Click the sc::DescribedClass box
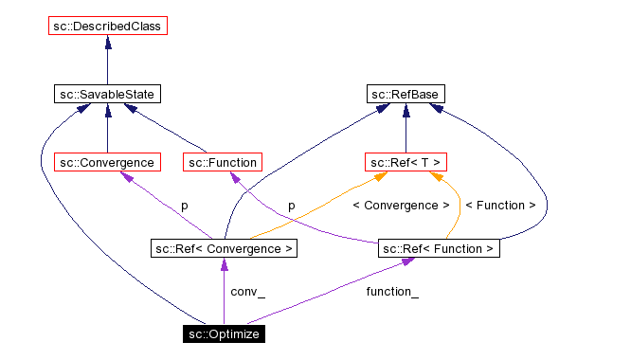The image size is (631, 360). pos(107,26)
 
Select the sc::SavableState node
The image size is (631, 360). pos(107,94)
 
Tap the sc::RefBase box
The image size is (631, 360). pos(406,94)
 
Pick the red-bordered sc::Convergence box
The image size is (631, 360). pos(106,162)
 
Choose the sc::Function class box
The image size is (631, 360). pos(220,162)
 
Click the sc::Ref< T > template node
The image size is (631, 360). pos(406,162)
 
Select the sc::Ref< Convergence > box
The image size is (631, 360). pos(224,248)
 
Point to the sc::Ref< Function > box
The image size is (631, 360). pos(439,248)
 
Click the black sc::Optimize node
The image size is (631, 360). pos(223,333)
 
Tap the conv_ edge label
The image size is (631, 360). pos(247,292)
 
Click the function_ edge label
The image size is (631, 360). pos(392,292)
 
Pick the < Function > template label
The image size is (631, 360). pos(499,205)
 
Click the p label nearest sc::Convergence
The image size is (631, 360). pos(184,205)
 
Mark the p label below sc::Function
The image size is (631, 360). pos(292,205)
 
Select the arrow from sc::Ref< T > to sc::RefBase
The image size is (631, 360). pos(406,128)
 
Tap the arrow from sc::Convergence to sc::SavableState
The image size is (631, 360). pos(107,128)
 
